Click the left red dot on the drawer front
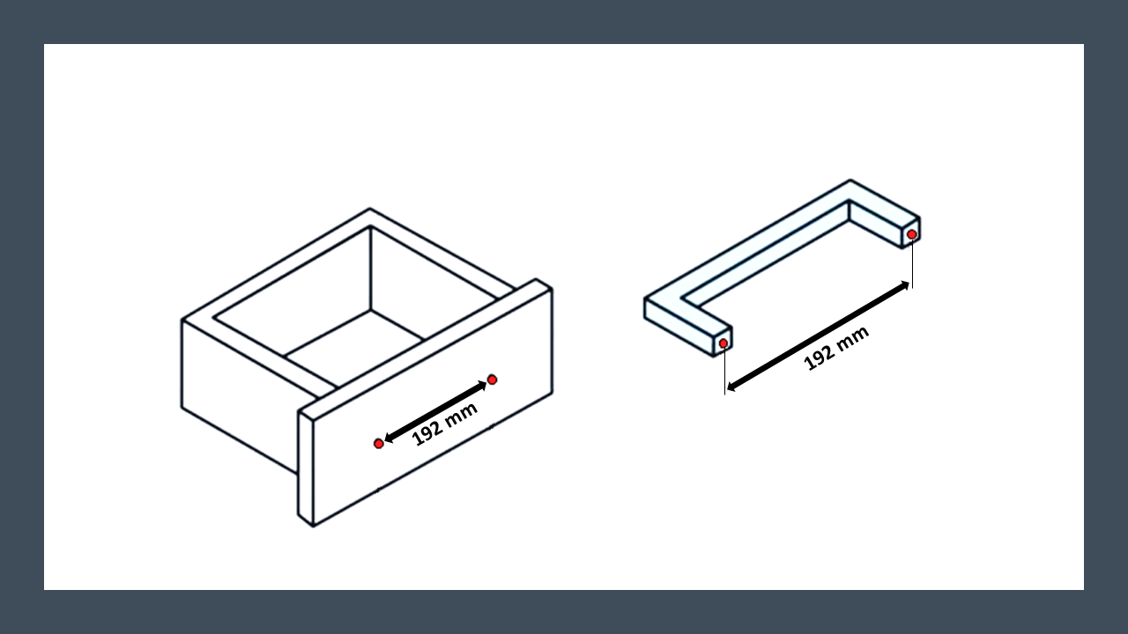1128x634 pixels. [x=379, y=443]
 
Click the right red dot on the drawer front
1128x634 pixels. [x=492, y=380]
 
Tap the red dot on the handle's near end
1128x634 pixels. [x=724, y=343]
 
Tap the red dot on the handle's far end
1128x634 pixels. [x=911, y=234]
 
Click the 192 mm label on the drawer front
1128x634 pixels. [x=445, y=424]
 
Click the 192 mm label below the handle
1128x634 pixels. [x=836, y=348]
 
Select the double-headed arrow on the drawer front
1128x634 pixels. [x=435, y=412]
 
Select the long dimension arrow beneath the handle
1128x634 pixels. [x=819, y=336]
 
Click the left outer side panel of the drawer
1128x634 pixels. [x=240, y=396]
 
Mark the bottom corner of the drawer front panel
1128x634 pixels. [x=313, y=527]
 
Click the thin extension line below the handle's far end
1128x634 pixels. [x=912, y=263]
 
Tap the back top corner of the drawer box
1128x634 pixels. [x=369, y=209]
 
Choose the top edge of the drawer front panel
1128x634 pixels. [x=426, y=348]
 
